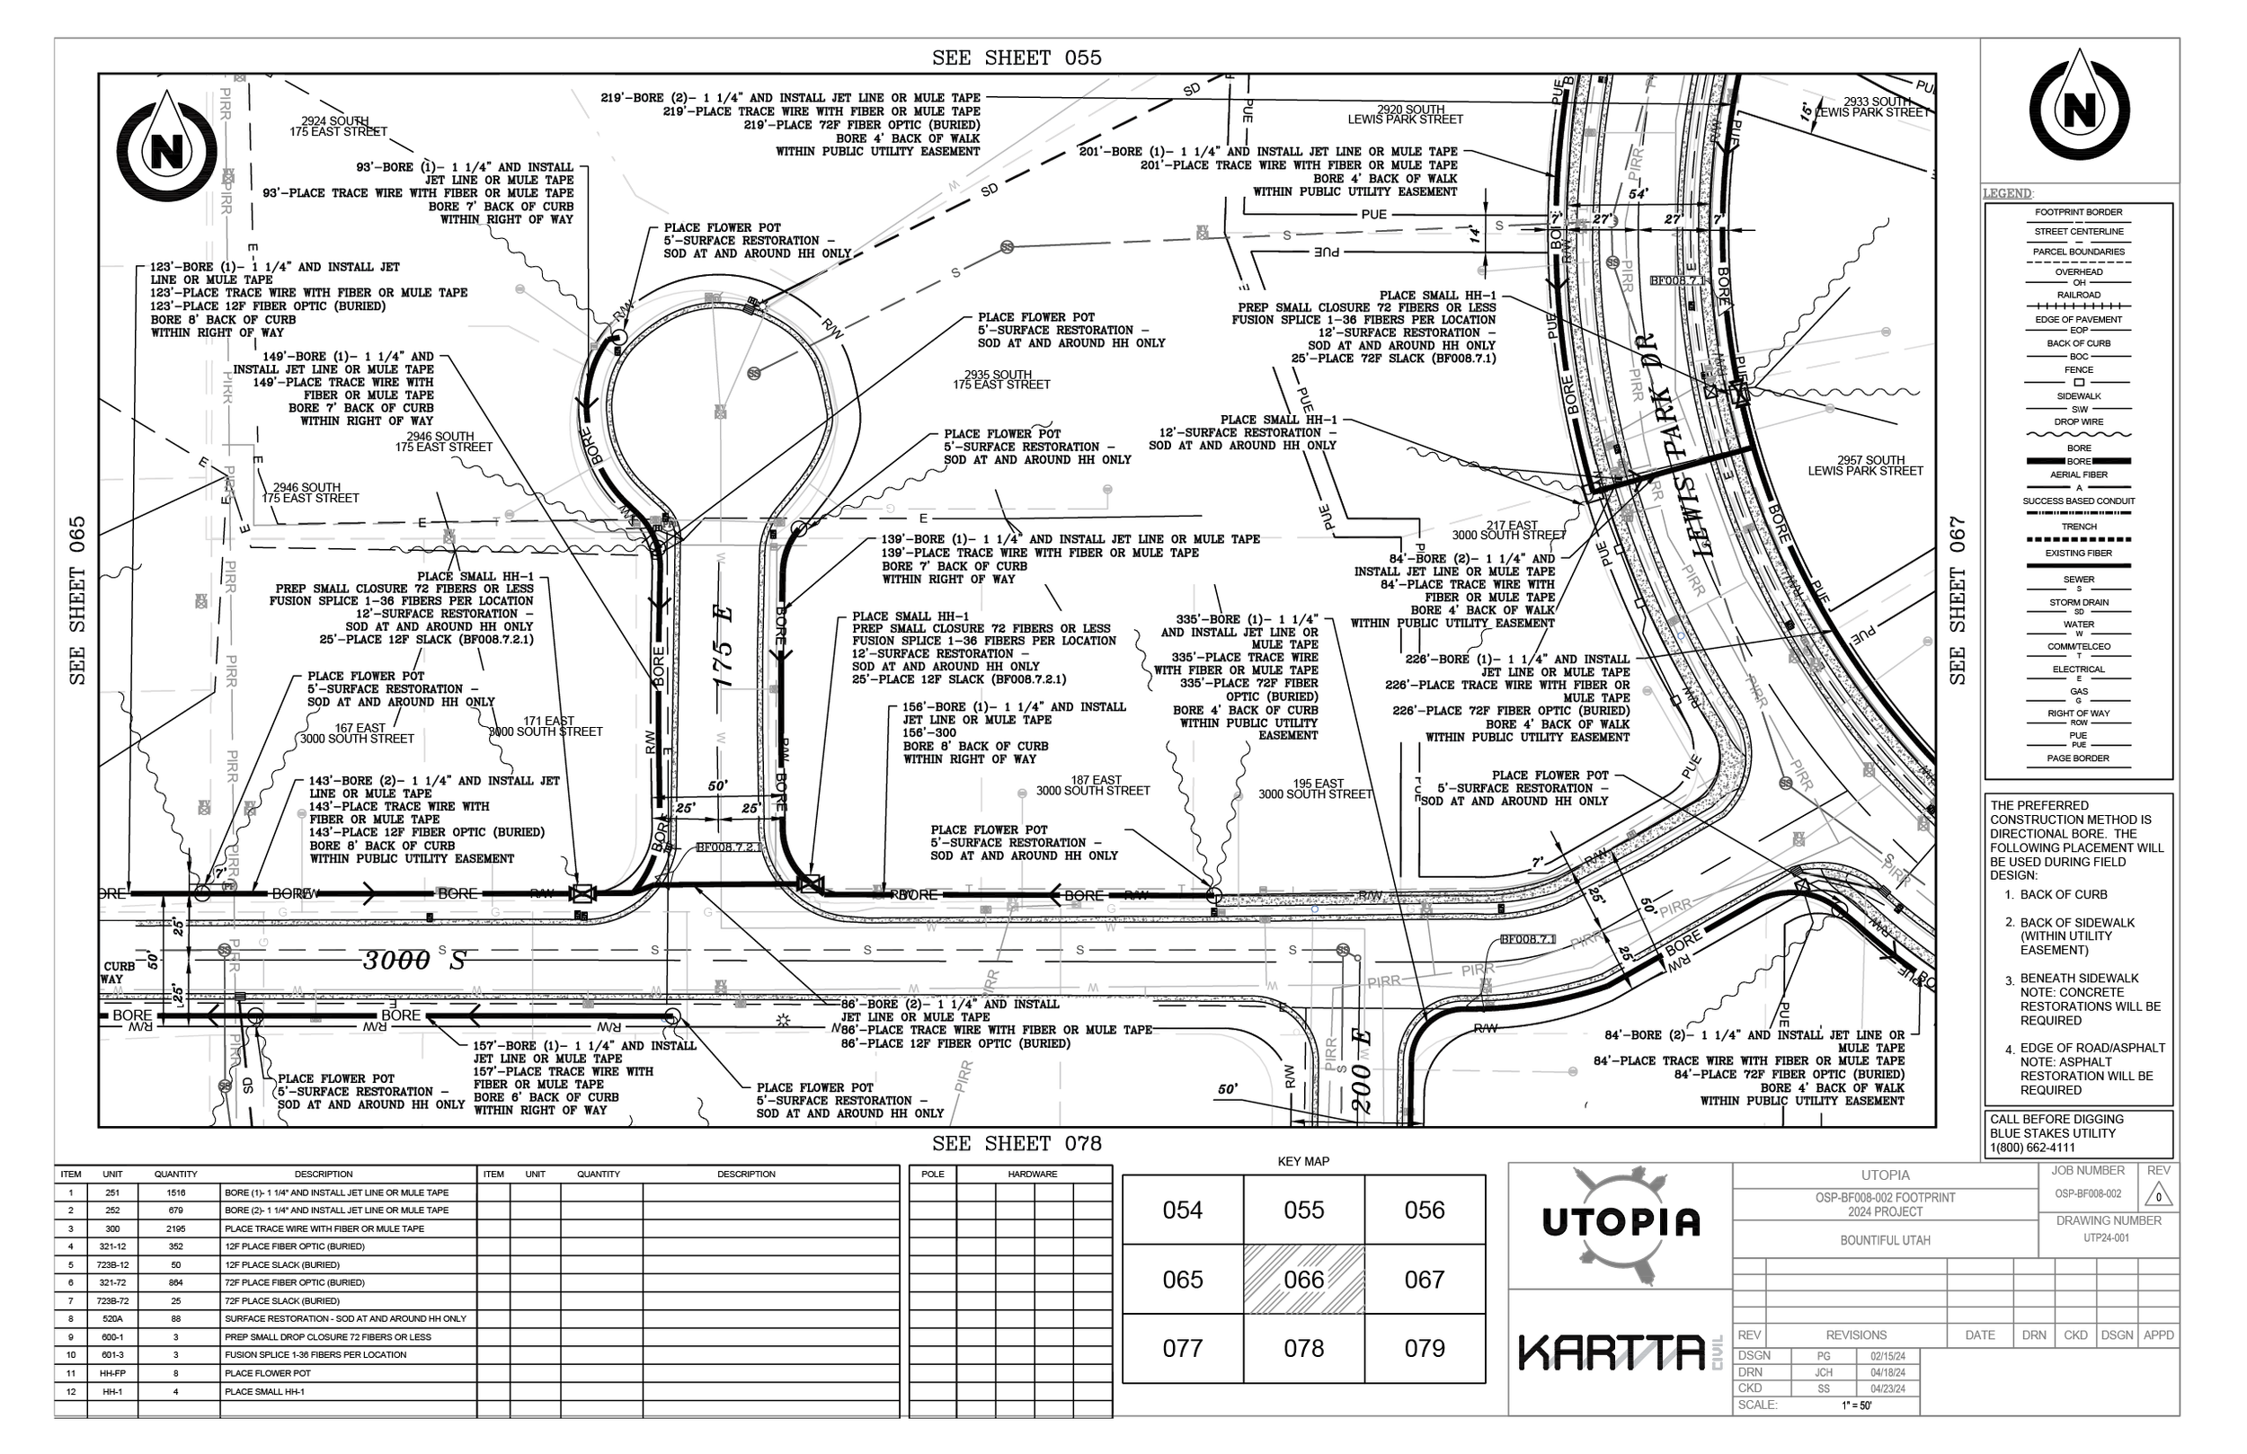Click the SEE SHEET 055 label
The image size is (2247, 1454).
(x=1016, y=58)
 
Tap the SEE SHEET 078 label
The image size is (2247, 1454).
(x=1016, y=1143)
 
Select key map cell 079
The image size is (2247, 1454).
(x=1424, y=1348)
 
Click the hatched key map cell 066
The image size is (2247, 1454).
(x=1303, y=1280)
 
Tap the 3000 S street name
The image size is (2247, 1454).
(x=415, y=961)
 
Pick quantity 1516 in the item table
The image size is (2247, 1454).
(x=175, y=1192)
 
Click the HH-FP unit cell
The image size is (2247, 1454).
(x=112, y=1373)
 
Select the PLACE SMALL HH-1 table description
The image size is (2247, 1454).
(x=251, y=1392)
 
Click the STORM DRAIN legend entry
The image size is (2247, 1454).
(x=2078, y=602)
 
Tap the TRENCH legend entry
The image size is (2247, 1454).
(x=2078, y=527)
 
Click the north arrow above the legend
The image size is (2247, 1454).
(x=2079, y=111)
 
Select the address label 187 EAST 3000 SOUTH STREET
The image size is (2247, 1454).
(x=1092, y=785)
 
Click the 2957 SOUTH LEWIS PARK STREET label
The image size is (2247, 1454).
(x=1865, y=465)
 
